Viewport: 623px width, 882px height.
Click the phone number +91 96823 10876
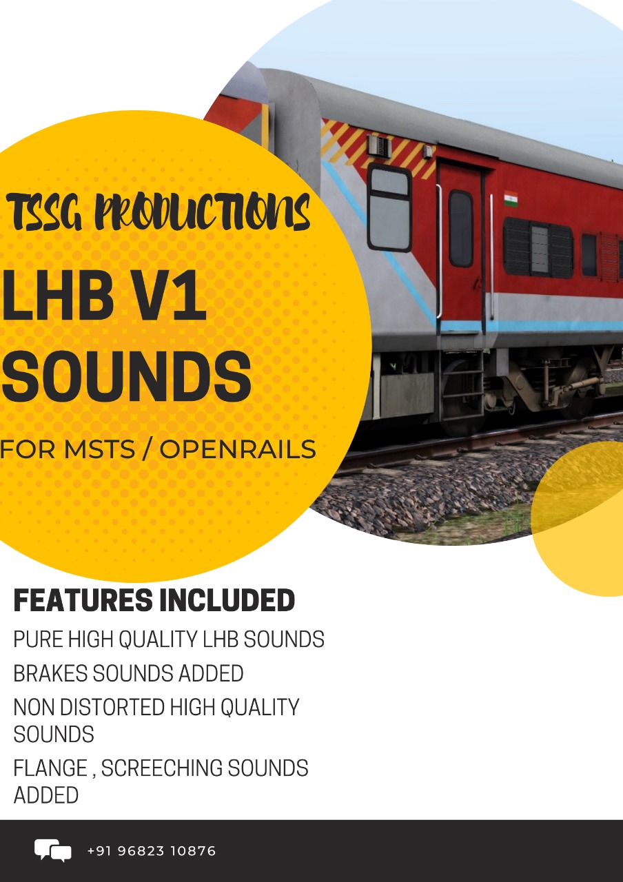pos(152,851)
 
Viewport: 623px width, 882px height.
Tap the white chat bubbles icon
pos(53,850)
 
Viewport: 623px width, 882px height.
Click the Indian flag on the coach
pos(511,199)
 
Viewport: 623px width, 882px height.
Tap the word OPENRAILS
pos(238,449)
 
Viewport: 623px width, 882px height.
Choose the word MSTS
pos(99,449)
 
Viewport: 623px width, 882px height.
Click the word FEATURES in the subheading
pos(83,600)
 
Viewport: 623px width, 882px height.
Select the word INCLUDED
pos(227,600)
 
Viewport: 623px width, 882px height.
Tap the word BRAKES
pos(50,673)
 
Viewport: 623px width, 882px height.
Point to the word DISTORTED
pos(112,707)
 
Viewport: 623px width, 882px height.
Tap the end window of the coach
pos(390,207)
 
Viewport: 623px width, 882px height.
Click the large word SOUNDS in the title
pos(126,377)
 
